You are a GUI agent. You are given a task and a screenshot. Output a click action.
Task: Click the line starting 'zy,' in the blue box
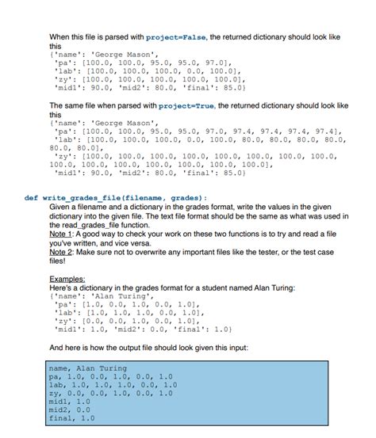tap(110, 393)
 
